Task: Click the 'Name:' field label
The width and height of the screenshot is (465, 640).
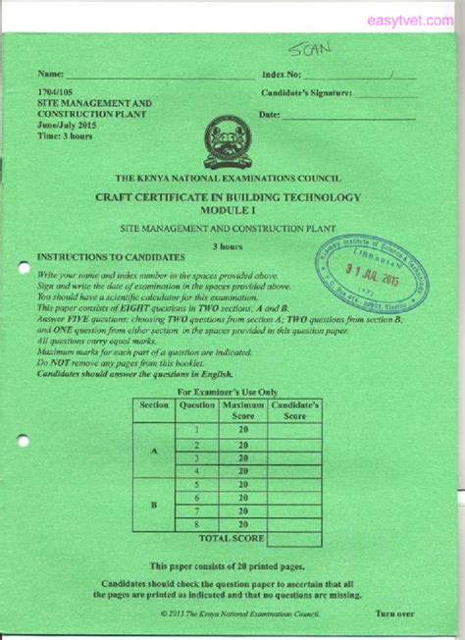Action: (50, 75)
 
